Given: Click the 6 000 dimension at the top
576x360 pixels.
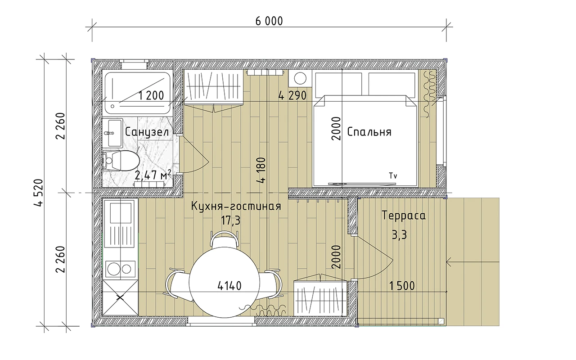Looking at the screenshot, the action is pyautogui.click(x=269, y=21).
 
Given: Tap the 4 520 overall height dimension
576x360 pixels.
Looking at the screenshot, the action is pyautogui.click(x=38, y=193).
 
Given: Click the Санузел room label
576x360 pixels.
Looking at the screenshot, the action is pyautogui.click(x=147, y=132).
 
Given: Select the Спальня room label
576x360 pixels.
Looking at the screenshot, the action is pyautogui.click(x=369, y=132).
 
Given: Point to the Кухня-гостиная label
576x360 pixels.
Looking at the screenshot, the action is pyautogui.click(x=236, y=206).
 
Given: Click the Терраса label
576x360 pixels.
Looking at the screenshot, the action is pyautogui.click(x=404, y=216).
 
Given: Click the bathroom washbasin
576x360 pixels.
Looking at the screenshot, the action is pyautogui.click(x=112, y=133).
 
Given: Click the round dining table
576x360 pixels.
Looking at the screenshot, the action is pyautogui.click(x=224, y=282).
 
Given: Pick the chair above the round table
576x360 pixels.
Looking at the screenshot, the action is pyautogui.click(x=224, y=239).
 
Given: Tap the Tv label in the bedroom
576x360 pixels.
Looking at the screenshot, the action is pyautogui.click(x=393, y=176).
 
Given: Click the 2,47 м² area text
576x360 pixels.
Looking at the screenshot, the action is pyautogui.click(x=153, y=175).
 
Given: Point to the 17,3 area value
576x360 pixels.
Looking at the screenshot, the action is pyautogui.click(x=231, y=220).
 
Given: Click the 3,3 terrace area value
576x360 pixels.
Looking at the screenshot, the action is pyautogui.click(x=399, y=235).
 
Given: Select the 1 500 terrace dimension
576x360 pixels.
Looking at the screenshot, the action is pyautogui.click(x=402, y=286).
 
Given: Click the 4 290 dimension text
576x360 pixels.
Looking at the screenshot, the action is pyautogui.click(x=292, y=96).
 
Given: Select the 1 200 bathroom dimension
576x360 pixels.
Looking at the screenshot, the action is pyautogui.click(x=151, y=96).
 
